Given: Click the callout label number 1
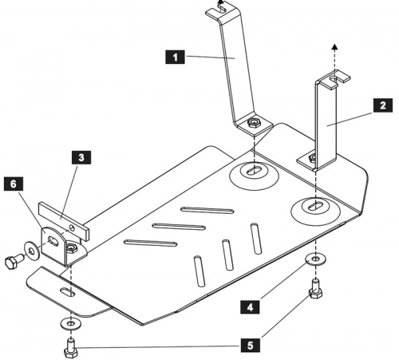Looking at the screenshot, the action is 175,57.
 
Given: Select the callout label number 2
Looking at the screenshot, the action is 383,105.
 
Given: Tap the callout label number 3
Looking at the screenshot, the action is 81,157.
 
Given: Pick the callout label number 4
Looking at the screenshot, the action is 250,307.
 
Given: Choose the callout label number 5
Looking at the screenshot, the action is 250,346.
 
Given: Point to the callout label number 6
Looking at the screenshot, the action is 14,184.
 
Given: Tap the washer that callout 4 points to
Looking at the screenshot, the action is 315,259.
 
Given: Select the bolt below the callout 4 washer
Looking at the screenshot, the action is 315,288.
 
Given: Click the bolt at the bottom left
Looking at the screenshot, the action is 71,348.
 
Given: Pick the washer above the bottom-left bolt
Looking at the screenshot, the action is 70,323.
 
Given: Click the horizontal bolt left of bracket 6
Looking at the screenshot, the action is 14,260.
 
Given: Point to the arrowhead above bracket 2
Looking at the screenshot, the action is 335,47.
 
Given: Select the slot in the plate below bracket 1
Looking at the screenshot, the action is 255,171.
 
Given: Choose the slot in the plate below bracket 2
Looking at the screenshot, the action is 315,207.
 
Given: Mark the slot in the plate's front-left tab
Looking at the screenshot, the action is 67,292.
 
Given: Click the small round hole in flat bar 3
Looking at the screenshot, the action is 72,227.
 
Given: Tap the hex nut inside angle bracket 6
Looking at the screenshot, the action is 71,248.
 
